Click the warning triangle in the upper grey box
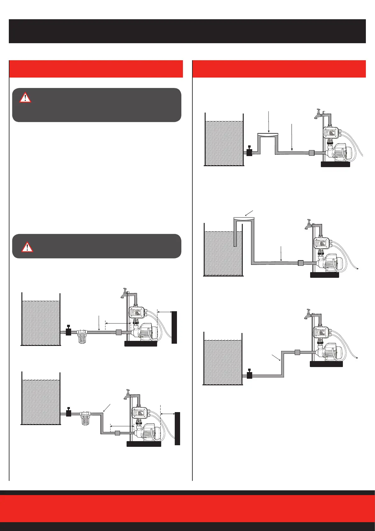click(x=25, y=97)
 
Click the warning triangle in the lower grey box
click(x=27, y=247)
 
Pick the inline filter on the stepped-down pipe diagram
click(x=85, y=418)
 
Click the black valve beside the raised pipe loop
click(x=249, y=152)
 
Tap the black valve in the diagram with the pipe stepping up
click(x=249, y=375)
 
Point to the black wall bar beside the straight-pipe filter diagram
click(x=174, y=327)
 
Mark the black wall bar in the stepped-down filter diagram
click(x=177, y=428)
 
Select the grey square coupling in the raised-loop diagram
click(x=311, y=153)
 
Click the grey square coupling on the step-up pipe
click(x=298, y=352)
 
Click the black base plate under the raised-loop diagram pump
click(x=335, y=164)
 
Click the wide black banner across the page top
click(x=187, y=31)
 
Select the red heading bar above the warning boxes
click(x=96, y=69)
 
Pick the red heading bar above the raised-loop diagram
click(x=279, y=69)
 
